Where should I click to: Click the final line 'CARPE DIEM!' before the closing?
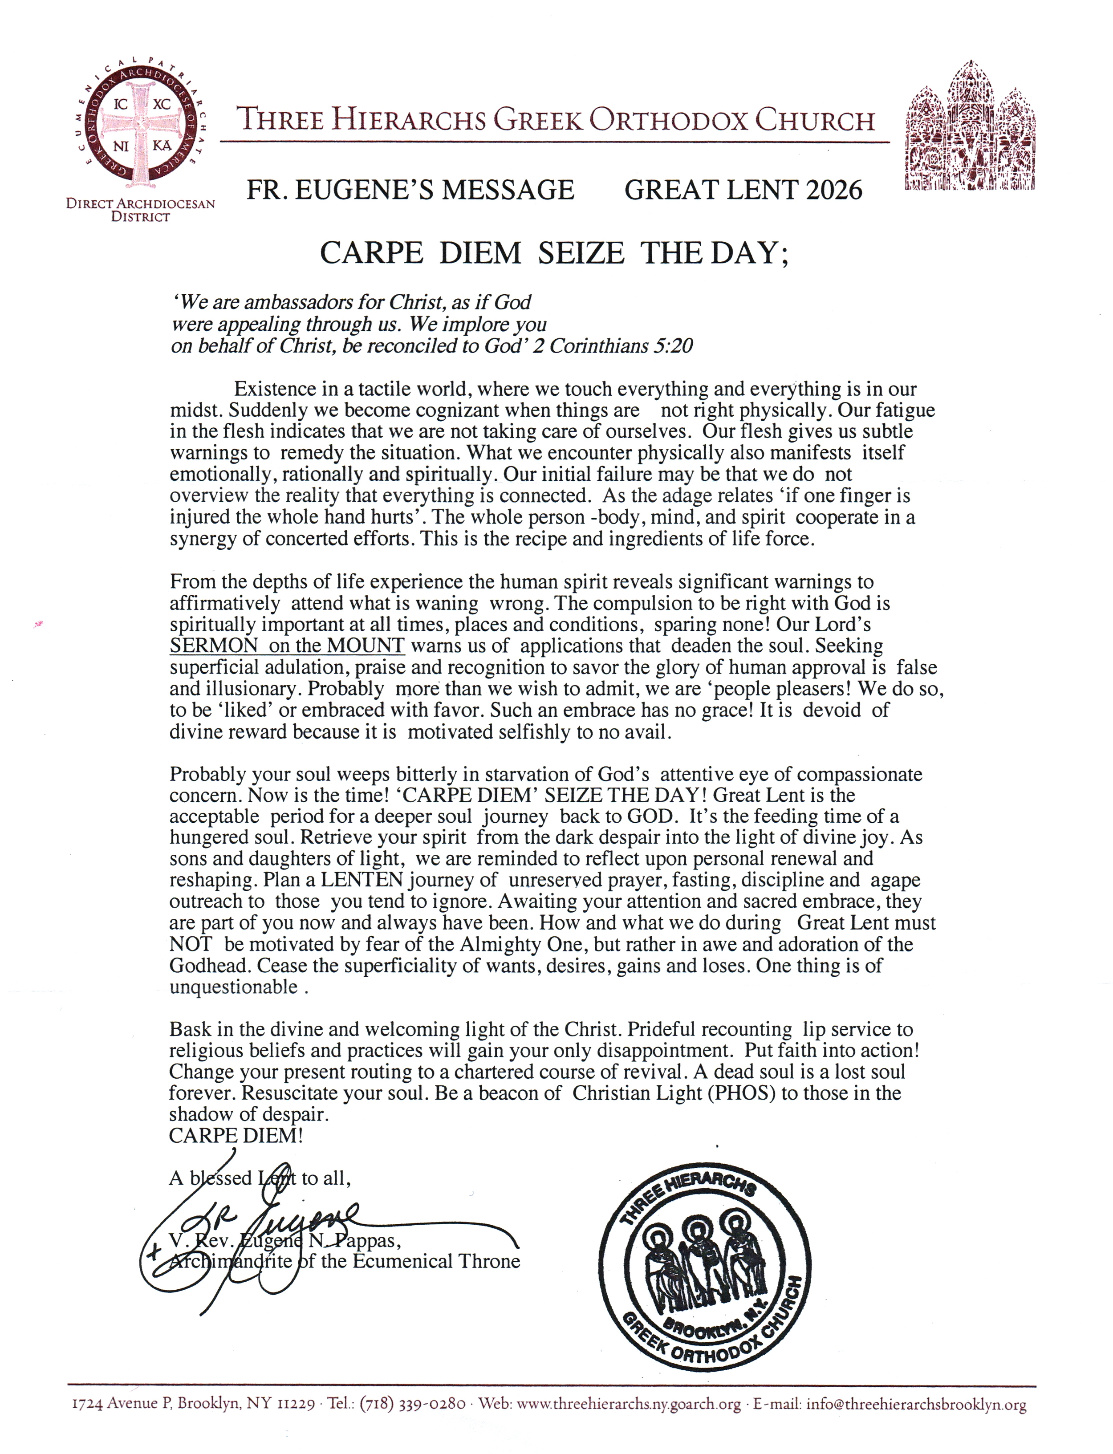pyautogui.click(x=236, y=1135)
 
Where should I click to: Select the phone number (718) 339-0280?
pyautogui.click(x=412, y=1404)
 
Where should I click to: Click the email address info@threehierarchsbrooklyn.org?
pyautogui.click(x=916, y=1404)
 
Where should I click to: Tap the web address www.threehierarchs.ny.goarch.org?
pyautogui.click(x=628, y=1404)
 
